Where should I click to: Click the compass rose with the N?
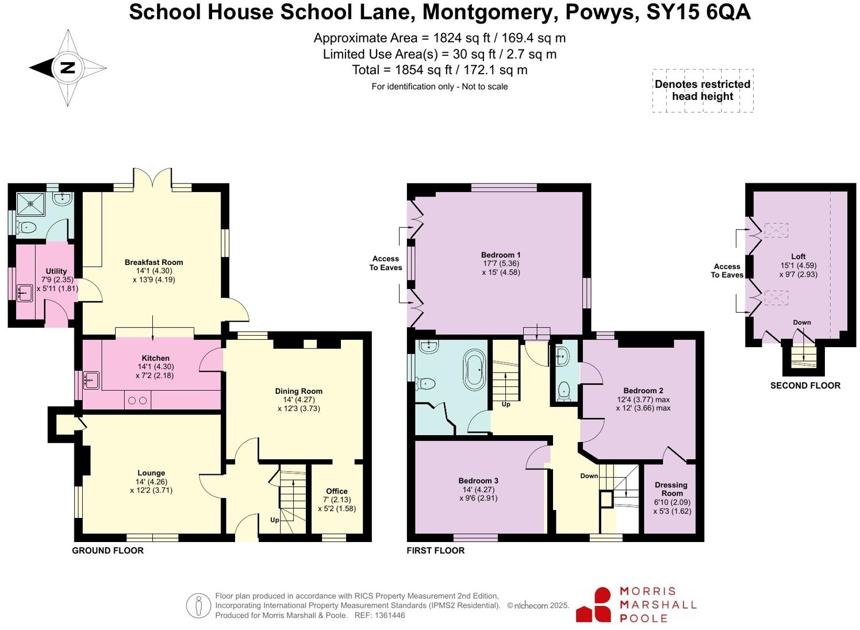tap(68, 68)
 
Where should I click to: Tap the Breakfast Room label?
tap(153, 262)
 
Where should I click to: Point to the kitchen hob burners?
tap(137, 400)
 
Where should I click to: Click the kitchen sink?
tap(91, 380)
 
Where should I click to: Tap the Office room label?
tap(336, 491)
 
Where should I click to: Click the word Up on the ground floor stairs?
tap(275, 520)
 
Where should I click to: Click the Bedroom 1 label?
tap(501, 255)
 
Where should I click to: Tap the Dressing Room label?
tap(671, 489)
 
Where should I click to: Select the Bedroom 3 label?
tap(478, 481)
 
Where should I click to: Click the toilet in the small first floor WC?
tap(564, 390)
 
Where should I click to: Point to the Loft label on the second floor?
tap(798, 256)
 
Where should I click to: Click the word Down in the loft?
tap(802, 322)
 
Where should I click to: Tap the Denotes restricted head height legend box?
tap(702, 90)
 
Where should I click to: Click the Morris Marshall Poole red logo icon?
tap(594, 605)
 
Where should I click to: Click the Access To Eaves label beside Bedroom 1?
tap(386, 263)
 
